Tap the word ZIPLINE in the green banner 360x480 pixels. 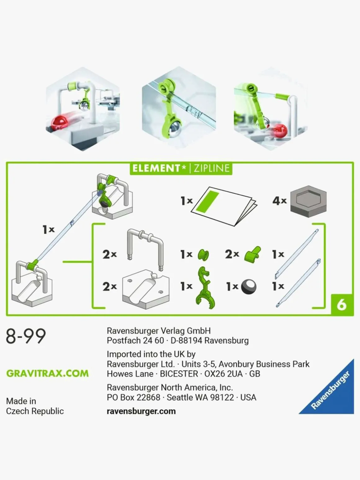(211, 168)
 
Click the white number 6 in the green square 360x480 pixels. (341, 305)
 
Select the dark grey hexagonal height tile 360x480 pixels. (308, 201)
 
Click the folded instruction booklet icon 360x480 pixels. (224, 206)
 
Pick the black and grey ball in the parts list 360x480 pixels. (249, 287)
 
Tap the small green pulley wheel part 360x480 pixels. (203, 255)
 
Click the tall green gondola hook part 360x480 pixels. (205, 288)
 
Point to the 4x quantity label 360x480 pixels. (279, 201)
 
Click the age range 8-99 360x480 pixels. (26, 336)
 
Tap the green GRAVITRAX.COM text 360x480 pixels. (47, 373)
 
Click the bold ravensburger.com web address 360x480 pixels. (141, 411)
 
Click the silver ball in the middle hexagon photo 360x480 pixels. (177, 129)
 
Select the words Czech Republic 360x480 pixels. (35, 411)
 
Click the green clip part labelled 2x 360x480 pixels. (253, 255)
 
